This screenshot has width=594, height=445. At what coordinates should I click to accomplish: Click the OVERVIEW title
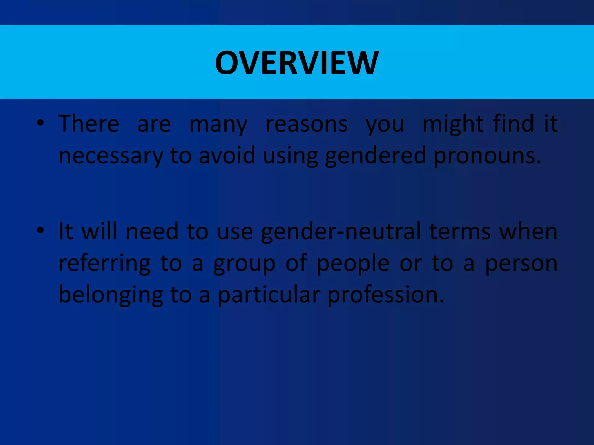(x=297, y=63)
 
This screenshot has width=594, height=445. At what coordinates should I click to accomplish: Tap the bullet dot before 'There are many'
(x=40, y=123)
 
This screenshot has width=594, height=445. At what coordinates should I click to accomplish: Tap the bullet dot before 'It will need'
(x=40, y=231)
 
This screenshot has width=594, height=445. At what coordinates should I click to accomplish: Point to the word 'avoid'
(x=227, y=155)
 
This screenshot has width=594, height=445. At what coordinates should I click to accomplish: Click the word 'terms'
(x=460, y=232)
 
